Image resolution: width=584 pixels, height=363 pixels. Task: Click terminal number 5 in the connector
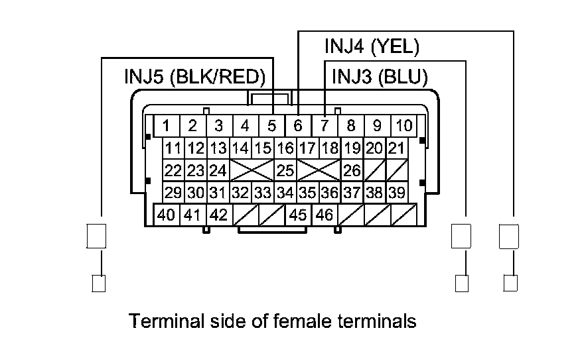click(271, 125)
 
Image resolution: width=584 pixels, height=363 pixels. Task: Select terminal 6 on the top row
click(298, 125)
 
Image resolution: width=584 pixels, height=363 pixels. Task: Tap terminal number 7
click(325, 125)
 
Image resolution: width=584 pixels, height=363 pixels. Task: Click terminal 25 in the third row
click(285, 171)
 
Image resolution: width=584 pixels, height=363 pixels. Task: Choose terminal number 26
click(352, 171)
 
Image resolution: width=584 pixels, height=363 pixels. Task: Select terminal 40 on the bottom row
click(167, 215)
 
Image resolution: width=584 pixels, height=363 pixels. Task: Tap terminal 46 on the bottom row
click(325, 215)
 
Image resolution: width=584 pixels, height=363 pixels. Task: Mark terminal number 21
click(396, 148)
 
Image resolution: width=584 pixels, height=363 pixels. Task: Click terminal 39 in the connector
click(396, 193)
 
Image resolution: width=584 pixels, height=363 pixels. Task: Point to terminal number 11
click(174, 148)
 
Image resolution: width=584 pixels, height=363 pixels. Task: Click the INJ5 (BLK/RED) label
click(194, 76)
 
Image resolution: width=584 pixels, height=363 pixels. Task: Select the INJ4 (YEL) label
click(372, 47)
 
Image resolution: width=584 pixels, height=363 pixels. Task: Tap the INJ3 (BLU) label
click(379, 76)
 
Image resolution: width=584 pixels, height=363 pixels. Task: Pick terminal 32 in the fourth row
click(240, 193)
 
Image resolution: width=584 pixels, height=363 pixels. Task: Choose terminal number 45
click(298, 215)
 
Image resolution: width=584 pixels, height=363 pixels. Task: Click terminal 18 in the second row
click(330, 148)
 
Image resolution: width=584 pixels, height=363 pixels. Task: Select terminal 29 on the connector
click(174, 193)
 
